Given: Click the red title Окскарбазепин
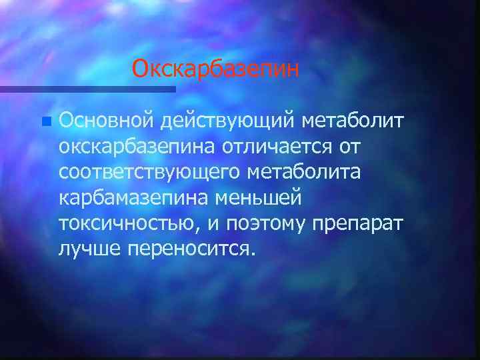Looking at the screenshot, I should [215, 69].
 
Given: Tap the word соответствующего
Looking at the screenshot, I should [151, 172].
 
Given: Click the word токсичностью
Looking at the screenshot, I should [125, 223].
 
